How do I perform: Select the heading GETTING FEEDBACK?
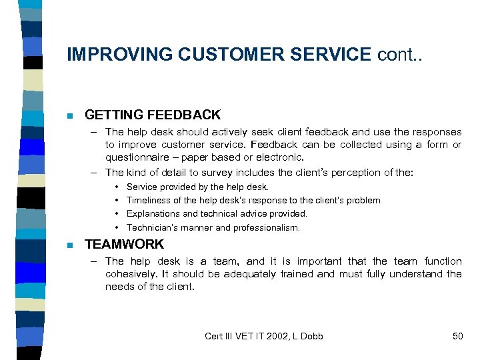(x=153, y=115)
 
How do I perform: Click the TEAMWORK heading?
(x=124, y=244)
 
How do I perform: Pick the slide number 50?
(x=457, y=336)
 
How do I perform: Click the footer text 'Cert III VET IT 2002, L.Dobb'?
(x=264, y=336)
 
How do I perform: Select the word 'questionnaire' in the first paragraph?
(x=136, y=158)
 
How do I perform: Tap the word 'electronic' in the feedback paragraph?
(x=279, y=158)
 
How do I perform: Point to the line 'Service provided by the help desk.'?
(x=197, y=187)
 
